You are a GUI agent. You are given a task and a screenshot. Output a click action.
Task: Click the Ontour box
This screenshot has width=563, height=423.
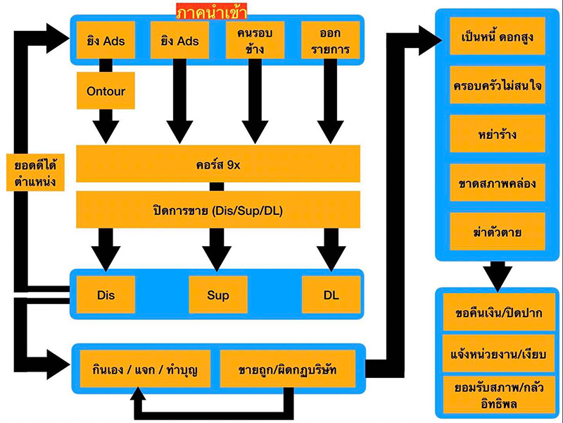[x=105, y=91]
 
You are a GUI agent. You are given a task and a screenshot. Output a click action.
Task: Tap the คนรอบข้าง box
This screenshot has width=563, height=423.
[x=254, y=40]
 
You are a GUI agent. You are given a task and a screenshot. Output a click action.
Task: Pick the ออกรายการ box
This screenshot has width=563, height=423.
[x=330, y=40]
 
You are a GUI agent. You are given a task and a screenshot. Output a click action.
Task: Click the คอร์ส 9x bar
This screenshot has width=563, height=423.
[x=217, y=164]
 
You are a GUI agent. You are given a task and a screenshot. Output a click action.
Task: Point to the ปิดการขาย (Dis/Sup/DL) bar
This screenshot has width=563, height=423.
[x=217, y=209]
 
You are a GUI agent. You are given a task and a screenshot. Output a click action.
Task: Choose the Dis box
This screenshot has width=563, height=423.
[x=105, y=295]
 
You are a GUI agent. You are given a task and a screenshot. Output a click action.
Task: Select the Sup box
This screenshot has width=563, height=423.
[x=218, y=295]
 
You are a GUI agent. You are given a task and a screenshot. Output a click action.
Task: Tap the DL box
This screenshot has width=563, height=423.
[x=331, y=295]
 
